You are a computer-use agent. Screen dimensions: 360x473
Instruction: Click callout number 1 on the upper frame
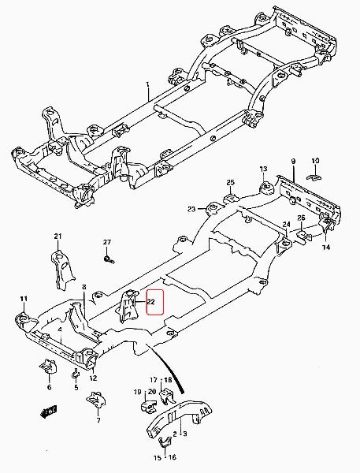(148, 84)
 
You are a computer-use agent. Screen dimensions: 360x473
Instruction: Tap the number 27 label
(107, 242)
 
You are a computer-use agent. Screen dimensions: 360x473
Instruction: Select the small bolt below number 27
(109, 259)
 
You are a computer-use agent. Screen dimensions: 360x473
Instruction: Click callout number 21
(58, 236)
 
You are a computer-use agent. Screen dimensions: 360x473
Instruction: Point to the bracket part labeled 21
(61, 270)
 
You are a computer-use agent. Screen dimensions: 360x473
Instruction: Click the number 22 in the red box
(151, 301)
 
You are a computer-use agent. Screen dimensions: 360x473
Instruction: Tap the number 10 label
(315, 161)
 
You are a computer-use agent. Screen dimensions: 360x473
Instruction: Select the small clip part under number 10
(314, 177)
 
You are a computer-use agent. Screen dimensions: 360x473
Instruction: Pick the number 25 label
(230, 182)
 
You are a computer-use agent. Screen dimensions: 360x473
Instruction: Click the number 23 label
(191, 209)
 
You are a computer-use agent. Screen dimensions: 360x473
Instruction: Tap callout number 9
(293, 162)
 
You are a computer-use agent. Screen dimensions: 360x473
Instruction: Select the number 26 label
(301, 218)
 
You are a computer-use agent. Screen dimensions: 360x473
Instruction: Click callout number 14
(326, 248)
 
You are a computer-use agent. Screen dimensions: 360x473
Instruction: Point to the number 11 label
(24, 299)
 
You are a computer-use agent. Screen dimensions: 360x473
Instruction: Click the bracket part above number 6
(48, 366)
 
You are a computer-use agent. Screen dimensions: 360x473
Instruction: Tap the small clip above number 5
(76, 374)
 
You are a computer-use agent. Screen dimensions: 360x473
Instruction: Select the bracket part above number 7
(96, 400)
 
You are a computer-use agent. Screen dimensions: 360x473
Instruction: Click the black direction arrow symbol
(49, 412)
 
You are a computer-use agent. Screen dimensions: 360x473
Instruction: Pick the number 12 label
(93, 378)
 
